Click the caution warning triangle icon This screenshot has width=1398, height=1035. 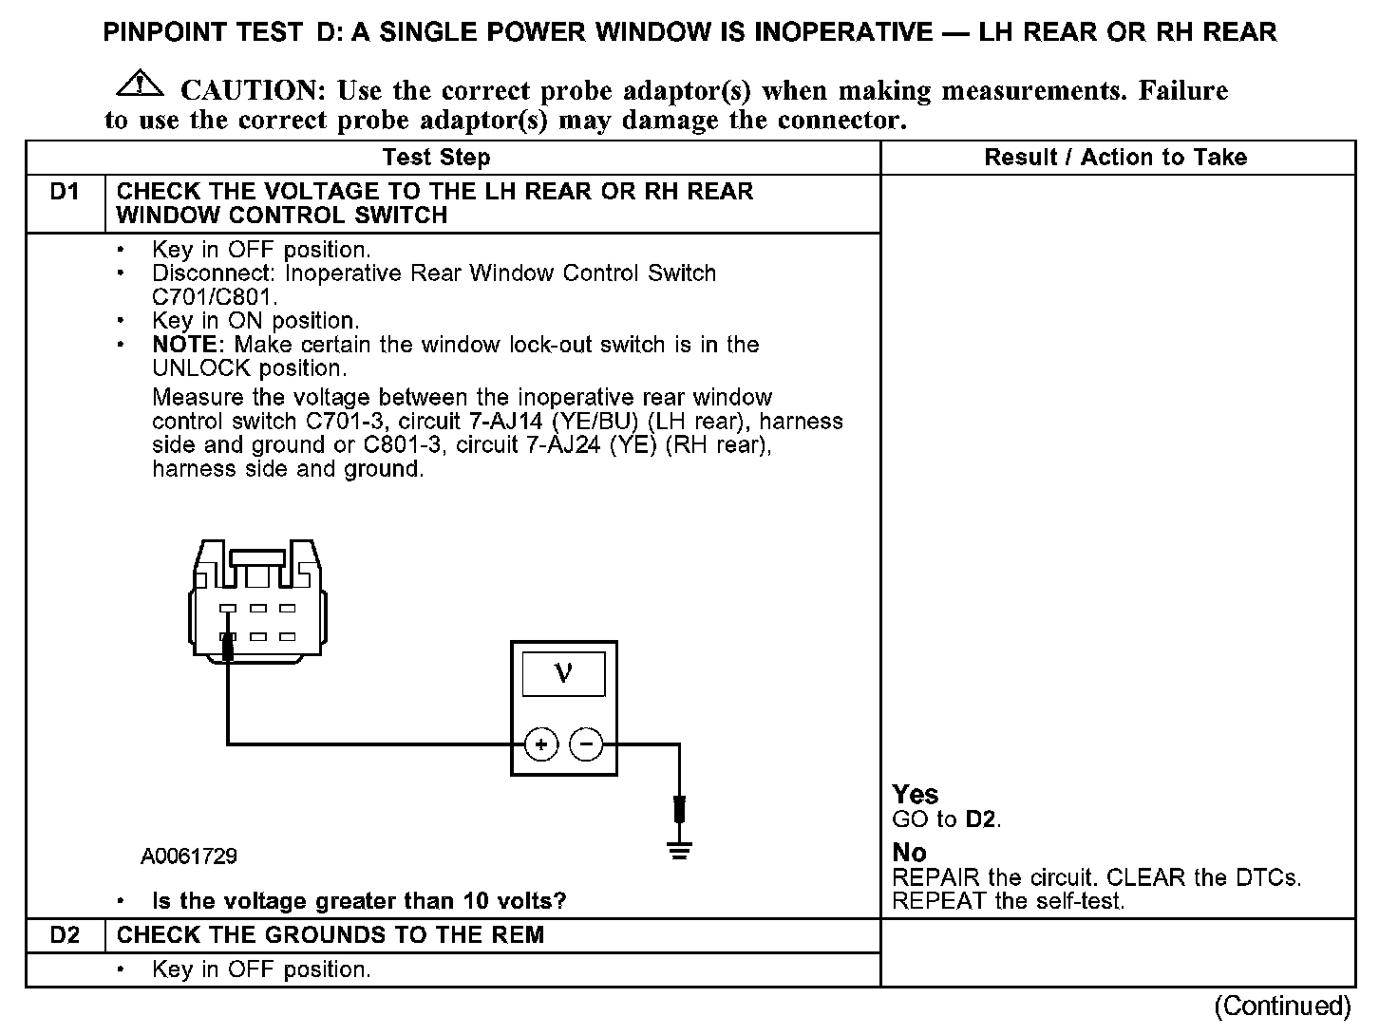pyautogui.click(x=140, y=84)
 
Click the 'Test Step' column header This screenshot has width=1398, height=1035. pyautogui.click(x=436, y=158)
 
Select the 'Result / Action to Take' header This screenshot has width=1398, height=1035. pyautogui.click(x=1115, y=158)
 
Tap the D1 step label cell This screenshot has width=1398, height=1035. pyautogui.click(x=65, y=193)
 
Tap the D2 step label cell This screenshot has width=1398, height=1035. pyautogui.click(x=65, y=935)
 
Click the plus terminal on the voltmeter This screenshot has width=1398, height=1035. pyautogui.click(x=541, y=744)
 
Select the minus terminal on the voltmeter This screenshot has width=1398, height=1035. pyautogui.click(x=586, y=744)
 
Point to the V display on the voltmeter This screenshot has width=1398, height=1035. pyautogui.click(x=563, y=674)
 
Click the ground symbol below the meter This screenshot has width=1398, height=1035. pyautogui.click(x=679, y=848)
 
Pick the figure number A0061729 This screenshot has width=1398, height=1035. pyautogui.click(x=189, y=856)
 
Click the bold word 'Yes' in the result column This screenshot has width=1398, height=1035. pyautogui.click(x=916, y=795)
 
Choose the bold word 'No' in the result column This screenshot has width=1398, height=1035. pyautogui.click(x=909, y=853)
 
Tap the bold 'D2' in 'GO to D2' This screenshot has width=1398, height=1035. pyautogui.click(x=981, y=819)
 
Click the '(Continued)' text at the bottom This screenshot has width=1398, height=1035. pyautogui.click(x=1281, y=1007)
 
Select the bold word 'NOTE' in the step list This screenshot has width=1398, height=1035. pyautogui.click(x=186, y=345)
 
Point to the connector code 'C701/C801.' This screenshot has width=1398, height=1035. pyautogui.click(x=215, y=296)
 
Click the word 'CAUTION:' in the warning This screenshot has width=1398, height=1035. pyautogui.click(x=254, y=91)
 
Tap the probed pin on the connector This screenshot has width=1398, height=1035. pyautogui.click(x=228, y=638)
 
